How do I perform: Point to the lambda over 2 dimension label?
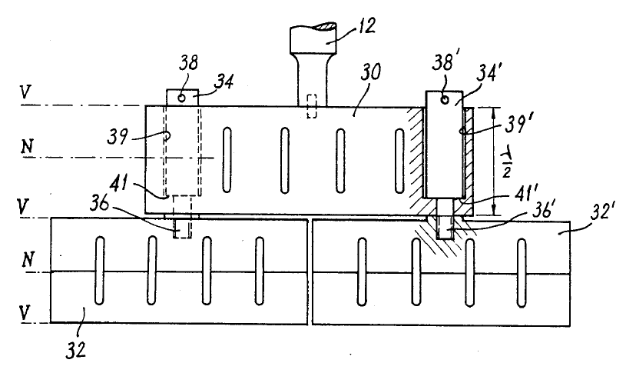(508, 163)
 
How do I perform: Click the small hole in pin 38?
(182, 98)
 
